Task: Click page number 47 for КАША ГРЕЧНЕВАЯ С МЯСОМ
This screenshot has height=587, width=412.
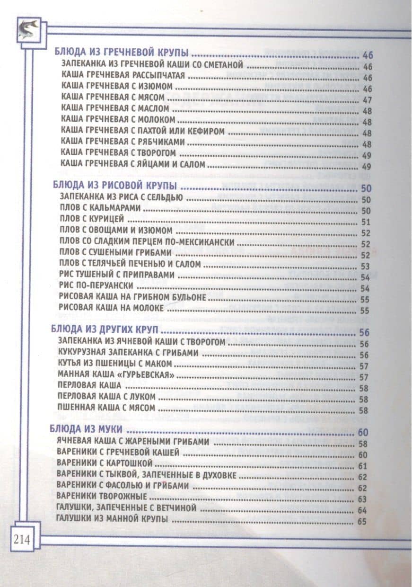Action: coord(368,99)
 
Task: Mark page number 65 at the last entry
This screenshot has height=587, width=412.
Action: coord(363,522)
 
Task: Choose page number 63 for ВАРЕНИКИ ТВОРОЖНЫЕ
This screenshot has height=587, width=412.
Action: coord(363,499)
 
